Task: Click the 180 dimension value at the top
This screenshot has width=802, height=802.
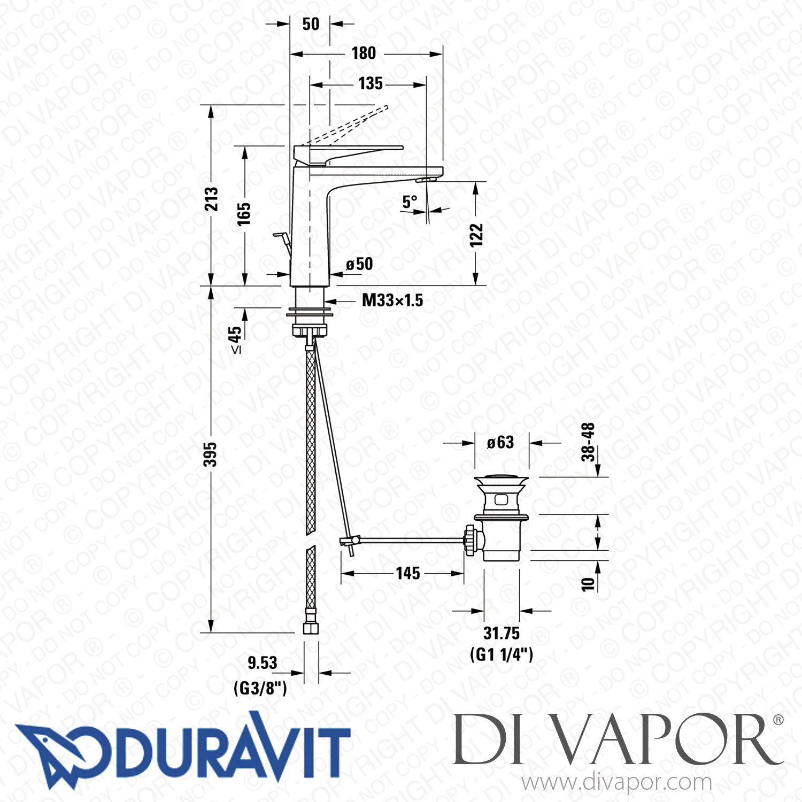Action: [364, 53]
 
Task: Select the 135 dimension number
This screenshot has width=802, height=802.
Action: [371, 84]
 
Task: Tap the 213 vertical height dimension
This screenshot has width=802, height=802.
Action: [212, 199]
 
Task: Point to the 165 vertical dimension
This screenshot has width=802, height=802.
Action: [244, 214]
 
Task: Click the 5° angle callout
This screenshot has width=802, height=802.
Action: [410, 202]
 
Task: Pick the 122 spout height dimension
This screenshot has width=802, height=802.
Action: [476, 235]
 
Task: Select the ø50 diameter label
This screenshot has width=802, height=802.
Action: [359, 264]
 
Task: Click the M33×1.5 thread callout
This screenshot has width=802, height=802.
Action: [392, 300]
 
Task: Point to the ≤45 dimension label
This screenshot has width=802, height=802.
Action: [235, 340]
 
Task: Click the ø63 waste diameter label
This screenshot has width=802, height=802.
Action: [500, 443]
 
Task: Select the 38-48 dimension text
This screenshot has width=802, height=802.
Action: [588, 442]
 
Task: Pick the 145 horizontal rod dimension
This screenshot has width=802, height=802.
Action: [407, 574]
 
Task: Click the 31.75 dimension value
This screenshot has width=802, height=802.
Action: [501, 634]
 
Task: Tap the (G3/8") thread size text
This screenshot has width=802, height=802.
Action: [260, 688]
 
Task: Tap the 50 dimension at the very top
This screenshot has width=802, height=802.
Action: [311, 24]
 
